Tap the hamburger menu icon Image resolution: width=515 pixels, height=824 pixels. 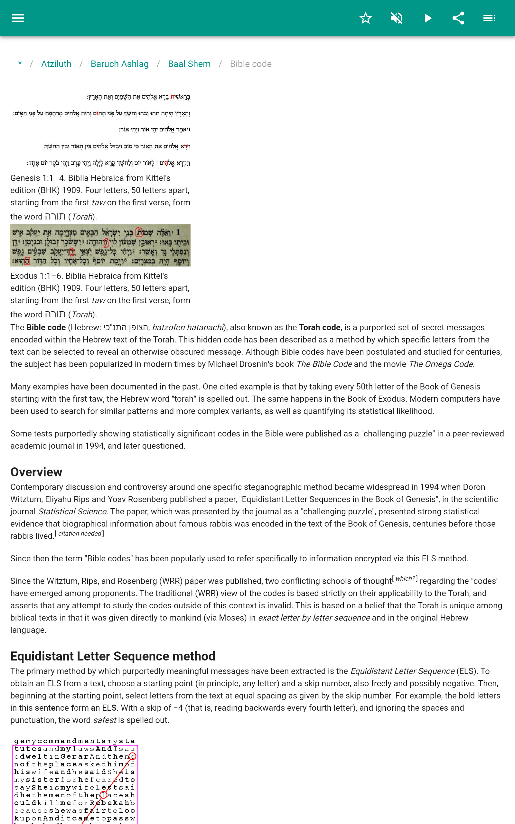pos(18,18)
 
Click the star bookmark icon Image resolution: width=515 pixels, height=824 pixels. pos(365,18)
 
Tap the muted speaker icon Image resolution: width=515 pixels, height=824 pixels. pos(397,18)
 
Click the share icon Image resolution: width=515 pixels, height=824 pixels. pos(458,18)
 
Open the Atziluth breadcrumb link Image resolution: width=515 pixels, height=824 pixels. pos(56,64)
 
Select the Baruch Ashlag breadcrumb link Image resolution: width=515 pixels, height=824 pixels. pos(119,64)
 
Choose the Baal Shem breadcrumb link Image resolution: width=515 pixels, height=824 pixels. pos(189,64)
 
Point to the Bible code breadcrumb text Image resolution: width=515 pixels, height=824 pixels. pos(251,64)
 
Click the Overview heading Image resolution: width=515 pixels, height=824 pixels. pos(36,472)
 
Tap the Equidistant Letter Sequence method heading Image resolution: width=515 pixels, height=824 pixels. pos(113,656)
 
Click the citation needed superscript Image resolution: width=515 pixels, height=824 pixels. pos(80,534)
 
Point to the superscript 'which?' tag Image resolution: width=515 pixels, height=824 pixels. pos(405,578)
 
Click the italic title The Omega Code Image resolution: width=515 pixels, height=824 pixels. pos(441,364)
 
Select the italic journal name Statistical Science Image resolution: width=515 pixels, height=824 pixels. pos(72,511)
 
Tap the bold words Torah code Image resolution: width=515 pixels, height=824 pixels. pos(320,327)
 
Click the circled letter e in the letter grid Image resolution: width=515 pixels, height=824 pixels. pos(133,756)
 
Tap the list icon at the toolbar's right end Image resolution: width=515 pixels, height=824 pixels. pos(489,18)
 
